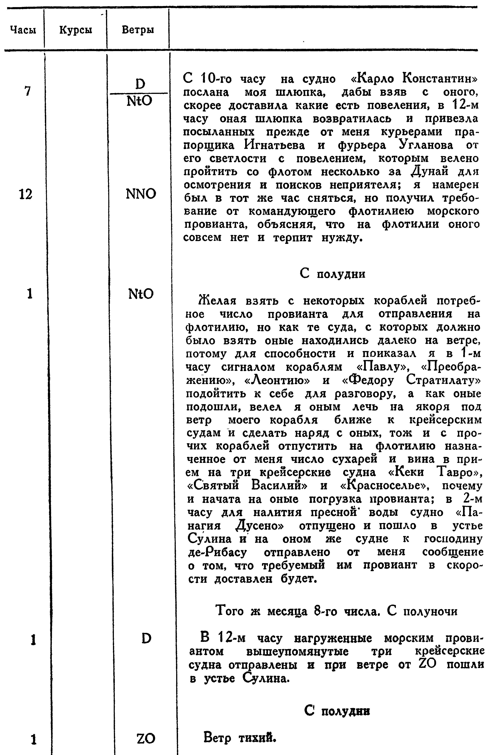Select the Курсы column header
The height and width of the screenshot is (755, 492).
(76, 30)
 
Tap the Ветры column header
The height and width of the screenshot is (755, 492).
(138, 30)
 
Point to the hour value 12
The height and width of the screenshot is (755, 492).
(25, 194)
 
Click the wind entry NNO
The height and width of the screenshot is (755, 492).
(141, 194)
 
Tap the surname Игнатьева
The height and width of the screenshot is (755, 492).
(274, 145)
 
